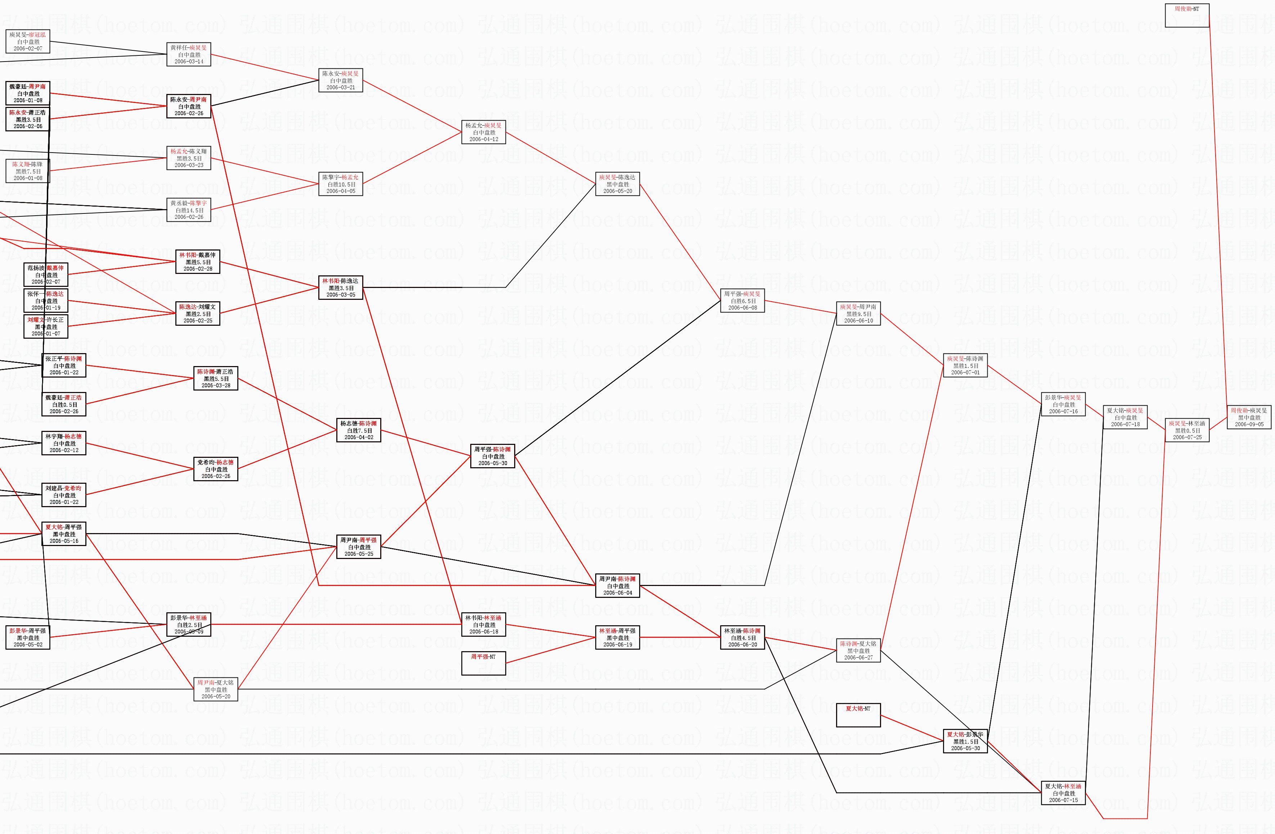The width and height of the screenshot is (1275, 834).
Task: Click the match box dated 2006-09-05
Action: pyautogui.click(x=1249, y=417)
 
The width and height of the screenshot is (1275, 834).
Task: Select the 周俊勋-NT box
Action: pyautogui.click(x=1187, y=15)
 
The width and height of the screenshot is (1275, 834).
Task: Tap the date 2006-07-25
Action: pyautogui.click(x=1187, y=437)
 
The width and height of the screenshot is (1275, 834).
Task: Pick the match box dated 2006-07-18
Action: pyautogui.click(x=1125, y=417)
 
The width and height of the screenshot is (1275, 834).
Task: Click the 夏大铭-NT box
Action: pyautogui.click(x=858, y=715)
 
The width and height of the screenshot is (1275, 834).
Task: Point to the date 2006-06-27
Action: pyautogui.click(x=858, y=657)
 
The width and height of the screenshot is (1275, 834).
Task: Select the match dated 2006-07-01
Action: pyautogui.click(x=965, y=365)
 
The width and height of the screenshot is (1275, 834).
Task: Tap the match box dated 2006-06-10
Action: pyautogui.click(x=858, y=314)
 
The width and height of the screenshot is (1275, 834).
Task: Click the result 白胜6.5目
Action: pyautogui.click(x=742, y=301)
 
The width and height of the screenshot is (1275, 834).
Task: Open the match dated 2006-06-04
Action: pyautogui.click(x=617, y=586)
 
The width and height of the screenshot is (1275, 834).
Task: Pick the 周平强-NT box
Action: pyautogui.click(x=484, y=663)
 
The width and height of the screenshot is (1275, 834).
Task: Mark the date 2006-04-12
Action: pyautogui.click(x=484, y=139)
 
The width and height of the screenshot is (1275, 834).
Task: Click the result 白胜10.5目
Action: pyautogui.click(x=341, y=184)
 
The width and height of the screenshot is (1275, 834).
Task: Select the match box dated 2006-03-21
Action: pyautogui.click(x=341, y=80)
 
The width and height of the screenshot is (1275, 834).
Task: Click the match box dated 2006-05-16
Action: pyautogui.click(x=64, y=534)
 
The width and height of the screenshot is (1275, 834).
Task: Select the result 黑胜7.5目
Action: pyautogui.click(x=28, y=171)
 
